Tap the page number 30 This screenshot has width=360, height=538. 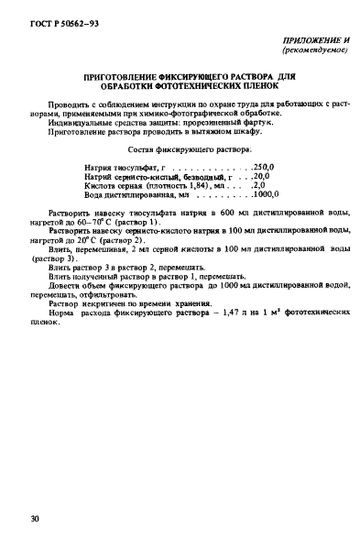click(34, 521)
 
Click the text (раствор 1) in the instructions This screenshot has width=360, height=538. click(139, 222)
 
